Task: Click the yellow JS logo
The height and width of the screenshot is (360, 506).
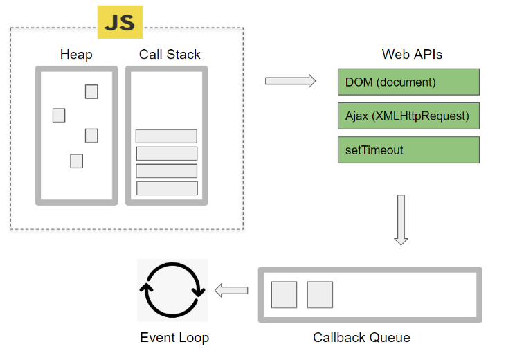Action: (120, 22)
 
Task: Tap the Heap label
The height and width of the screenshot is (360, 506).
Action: (76, 55)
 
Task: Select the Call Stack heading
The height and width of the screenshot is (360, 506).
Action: (170, 54)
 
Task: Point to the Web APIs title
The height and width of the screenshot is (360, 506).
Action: (412, 54)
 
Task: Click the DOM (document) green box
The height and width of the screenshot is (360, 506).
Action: (408, 82)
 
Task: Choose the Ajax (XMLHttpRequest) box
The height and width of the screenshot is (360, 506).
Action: (408, 116)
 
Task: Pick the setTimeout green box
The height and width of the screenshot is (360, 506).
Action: (408, 150)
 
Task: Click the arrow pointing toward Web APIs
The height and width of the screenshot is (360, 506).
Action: (291, 81)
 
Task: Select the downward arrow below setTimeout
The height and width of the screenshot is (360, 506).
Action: (401, 220)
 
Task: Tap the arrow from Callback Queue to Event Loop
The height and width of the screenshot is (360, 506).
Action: (231, 290)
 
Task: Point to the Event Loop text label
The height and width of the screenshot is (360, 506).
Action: (174, 338)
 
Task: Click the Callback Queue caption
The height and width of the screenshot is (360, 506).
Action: (361, 338)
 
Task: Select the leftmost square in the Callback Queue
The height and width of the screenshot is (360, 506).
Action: (284, 295)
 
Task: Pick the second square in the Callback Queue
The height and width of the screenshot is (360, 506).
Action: (320, 295)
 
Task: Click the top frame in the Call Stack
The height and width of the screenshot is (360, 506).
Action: (166, 136)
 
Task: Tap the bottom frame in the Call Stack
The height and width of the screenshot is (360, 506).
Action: (167, 188)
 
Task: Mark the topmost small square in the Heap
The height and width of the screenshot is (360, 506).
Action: (91, 91)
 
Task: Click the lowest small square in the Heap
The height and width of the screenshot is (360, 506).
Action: (76, 161)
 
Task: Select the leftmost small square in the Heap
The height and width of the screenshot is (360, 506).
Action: (59, 115)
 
